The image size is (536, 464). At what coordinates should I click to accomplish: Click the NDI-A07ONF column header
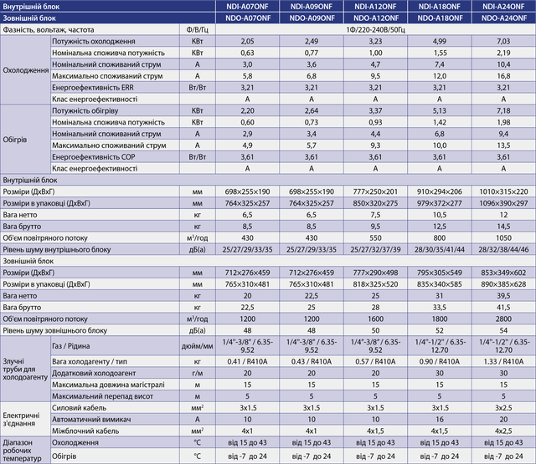(x=247, y=7)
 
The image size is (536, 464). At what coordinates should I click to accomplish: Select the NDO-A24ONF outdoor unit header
(x=504, y=18)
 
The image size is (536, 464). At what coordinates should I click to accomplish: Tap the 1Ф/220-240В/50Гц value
(x=375, y=30)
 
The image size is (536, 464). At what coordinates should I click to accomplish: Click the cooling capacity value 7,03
(x=503, y=41)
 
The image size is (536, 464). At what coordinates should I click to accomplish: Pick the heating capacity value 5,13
(x=440, y=110)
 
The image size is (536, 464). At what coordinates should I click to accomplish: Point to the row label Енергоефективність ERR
(x=93, y=88)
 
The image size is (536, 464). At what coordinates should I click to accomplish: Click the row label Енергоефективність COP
(x=93, y=157)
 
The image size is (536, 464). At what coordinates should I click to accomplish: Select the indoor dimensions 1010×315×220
(x=503, y=191)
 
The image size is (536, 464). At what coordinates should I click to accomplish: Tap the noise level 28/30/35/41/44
(x=440, y=249)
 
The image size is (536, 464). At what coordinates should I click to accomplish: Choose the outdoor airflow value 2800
(x=503, y=319)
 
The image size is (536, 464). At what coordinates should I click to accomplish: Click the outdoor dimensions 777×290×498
(x=375, y=273)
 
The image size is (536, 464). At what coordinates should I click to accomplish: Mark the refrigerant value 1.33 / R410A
(x=503, y=361)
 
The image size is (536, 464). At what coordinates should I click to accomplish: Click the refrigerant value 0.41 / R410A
(x=247, y=361)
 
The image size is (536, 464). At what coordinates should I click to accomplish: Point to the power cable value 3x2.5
(x=503, y=408)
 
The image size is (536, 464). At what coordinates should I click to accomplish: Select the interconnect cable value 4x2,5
(x=503, y=431)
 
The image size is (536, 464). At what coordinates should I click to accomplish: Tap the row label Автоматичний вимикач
(x=91, y=420)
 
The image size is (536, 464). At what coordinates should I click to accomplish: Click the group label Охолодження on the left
(x=26, y=70)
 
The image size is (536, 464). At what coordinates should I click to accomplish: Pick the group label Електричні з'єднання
(x=21, y=420)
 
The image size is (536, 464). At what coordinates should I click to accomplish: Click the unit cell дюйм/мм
(x=198, y=346)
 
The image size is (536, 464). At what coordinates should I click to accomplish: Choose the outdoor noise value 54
(x=503, y=330)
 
